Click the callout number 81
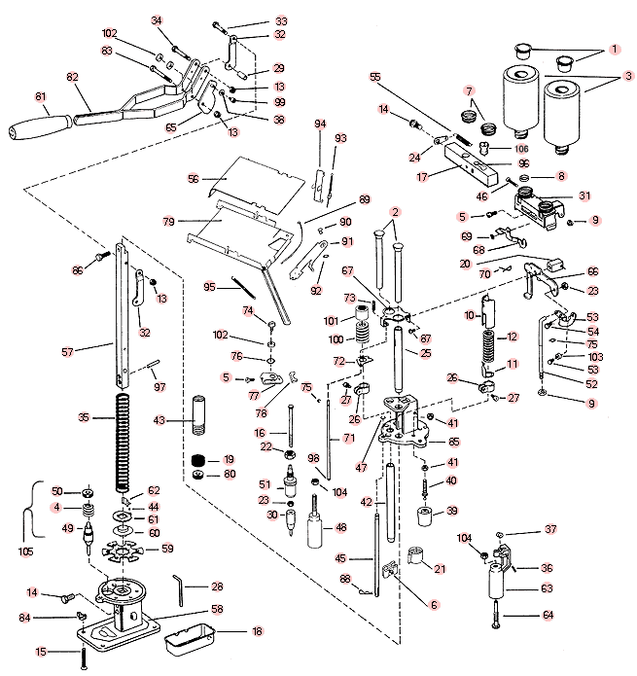coord(41,96)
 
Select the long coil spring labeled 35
coord(123,444)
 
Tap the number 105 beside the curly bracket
coord(26,551)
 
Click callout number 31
coord(584,196)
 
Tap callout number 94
coord(320,124)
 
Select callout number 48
coord(340,527)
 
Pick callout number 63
coord(547,587)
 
